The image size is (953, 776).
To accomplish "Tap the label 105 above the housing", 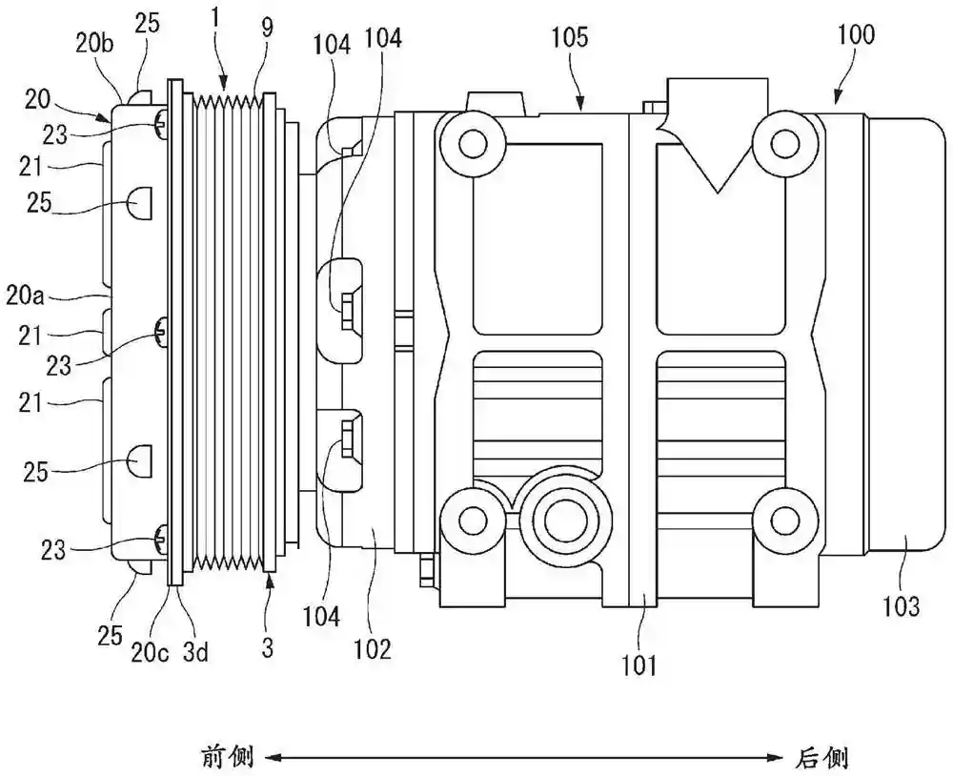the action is click(570, 38).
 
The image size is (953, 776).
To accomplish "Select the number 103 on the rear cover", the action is click(901, 606).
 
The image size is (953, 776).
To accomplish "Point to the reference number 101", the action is click(639, 666).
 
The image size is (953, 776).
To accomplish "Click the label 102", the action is click(373, 649).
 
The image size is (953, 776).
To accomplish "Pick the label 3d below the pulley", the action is click(194, 652).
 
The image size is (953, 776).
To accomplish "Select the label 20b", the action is click(94, 44).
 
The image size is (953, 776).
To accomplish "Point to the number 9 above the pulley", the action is click(268, 28).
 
